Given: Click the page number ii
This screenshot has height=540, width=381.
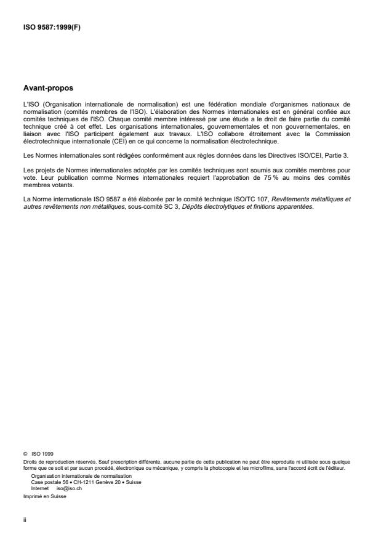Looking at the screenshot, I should [25, 518].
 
